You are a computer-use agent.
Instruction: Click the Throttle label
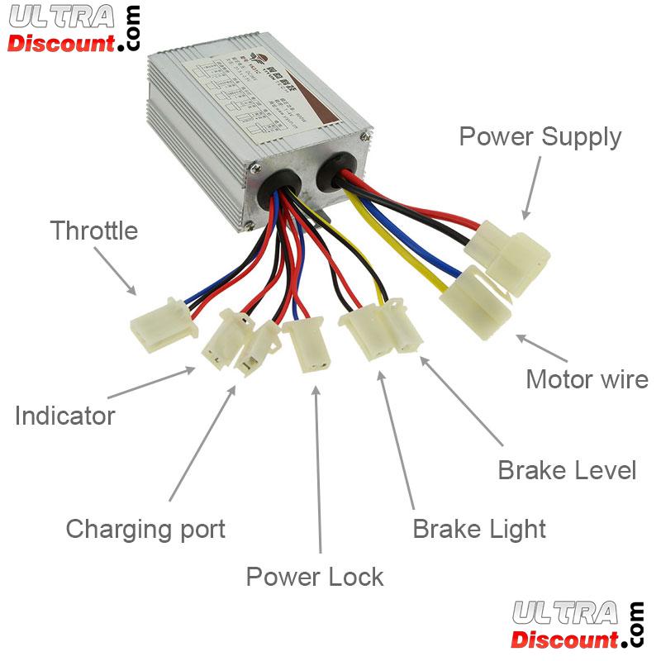93,231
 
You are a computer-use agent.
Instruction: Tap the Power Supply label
540,136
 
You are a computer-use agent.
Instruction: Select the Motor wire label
587,379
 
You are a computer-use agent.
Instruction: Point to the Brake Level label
567,470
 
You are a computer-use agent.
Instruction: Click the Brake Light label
479,528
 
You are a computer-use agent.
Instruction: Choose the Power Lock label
315,576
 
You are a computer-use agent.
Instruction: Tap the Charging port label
145,528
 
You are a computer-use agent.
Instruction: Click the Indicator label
64,415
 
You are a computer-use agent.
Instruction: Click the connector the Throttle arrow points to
164,326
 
